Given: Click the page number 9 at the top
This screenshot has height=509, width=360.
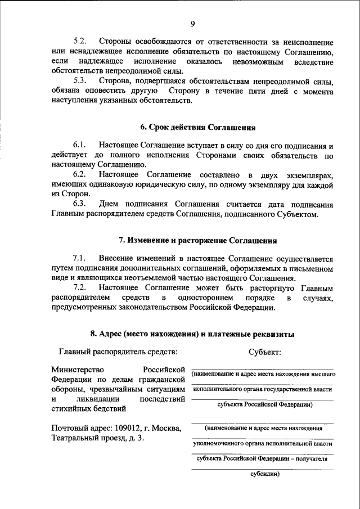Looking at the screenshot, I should [x=192, y=23].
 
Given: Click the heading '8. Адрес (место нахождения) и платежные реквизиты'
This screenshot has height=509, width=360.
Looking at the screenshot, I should [x=192, y=334].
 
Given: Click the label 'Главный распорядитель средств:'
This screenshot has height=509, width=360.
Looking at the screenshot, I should [x=118, y=352].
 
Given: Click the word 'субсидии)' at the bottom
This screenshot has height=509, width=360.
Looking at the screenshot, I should [x=264, y=473].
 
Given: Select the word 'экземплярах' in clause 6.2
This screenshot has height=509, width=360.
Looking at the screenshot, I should [x=307, y=174].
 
